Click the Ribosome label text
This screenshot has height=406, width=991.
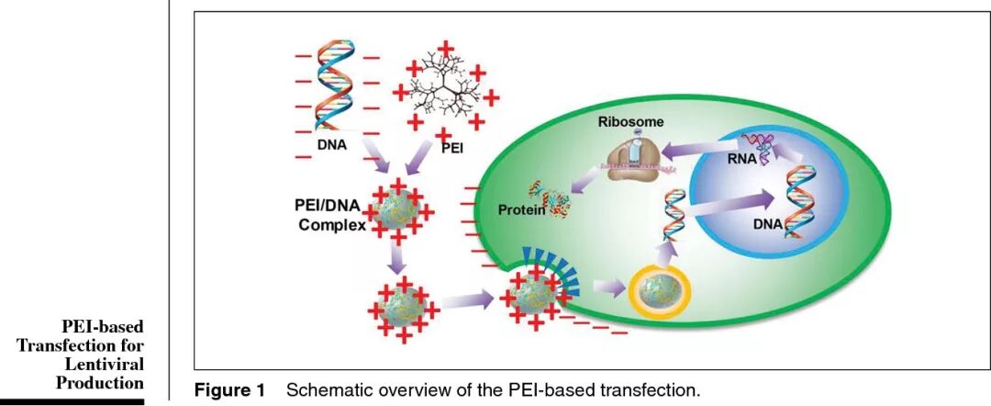coord(630,121)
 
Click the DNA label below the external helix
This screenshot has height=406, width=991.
coord(331,145)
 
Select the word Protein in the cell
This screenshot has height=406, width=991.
coord(521,210)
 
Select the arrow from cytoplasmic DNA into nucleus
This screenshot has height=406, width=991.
coord(729,205)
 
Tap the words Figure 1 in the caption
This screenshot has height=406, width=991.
coord(229,390)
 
